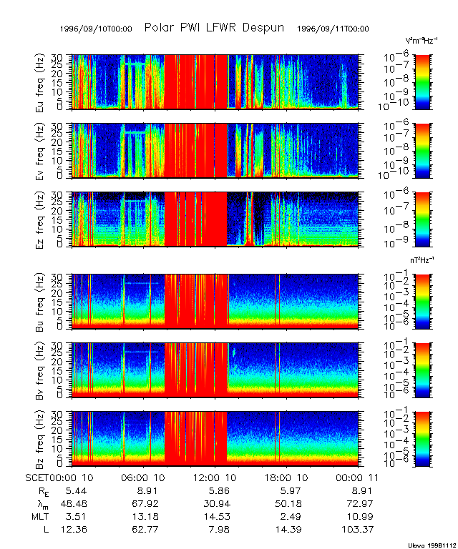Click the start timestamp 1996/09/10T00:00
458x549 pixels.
[96, 29]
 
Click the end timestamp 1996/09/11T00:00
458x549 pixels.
[333, 29]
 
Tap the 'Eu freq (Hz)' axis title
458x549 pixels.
[40, 82]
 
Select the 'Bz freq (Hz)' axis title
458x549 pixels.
[40, 438]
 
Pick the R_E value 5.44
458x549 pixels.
[77, 492]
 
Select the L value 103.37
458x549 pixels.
[356, 528]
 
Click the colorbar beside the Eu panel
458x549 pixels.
[422, 81]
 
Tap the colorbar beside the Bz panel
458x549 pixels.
[422, 438]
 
